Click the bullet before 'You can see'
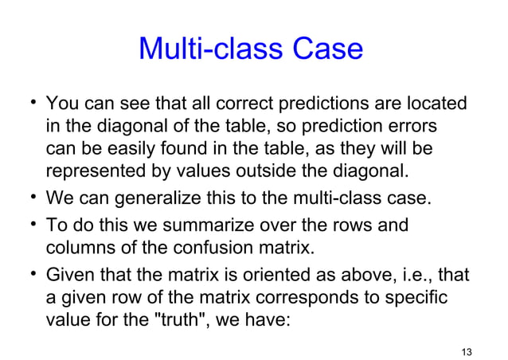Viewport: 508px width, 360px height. coord(31,103)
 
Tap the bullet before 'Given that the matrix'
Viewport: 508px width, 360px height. coord(31,275)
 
